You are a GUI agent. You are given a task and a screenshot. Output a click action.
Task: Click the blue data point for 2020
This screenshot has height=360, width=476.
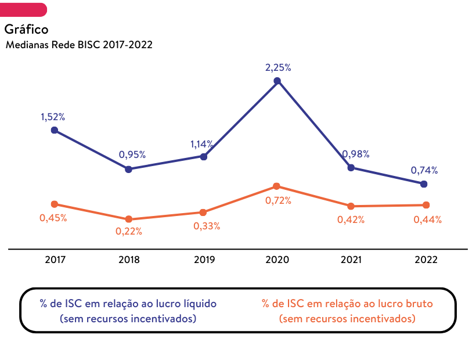point(277,81)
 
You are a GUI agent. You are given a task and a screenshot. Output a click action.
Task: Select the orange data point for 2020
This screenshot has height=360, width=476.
point(276,186)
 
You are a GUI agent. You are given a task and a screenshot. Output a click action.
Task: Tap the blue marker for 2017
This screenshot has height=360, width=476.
point(55,130)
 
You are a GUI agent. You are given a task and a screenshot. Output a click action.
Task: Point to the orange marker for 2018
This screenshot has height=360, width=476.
point(129,219)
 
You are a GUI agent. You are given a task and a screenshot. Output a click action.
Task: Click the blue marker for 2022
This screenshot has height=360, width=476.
point(424,184)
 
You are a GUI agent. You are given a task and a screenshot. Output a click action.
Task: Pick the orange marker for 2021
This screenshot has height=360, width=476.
point(351,206)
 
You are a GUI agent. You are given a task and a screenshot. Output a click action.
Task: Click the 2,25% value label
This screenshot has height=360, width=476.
point(278,67)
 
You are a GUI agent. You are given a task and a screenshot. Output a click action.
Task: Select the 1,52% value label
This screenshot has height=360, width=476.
point(53,117)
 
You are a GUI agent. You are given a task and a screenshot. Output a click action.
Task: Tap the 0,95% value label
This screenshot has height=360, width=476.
point(132,154)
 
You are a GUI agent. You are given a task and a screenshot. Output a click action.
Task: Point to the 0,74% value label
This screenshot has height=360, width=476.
point(424,170)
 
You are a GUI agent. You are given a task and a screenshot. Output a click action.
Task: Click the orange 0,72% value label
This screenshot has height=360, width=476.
point(278,200)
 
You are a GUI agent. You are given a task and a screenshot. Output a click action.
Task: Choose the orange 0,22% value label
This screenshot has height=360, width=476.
point(129,231)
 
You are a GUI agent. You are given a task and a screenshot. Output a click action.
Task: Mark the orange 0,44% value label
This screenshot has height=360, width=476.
point(427,219)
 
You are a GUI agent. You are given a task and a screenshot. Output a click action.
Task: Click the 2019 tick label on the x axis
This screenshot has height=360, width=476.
point(204,260)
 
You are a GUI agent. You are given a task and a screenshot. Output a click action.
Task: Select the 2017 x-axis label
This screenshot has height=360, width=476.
point(55,260)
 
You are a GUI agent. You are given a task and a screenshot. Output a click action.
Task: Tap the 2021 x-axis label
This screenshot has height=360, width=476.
point(351,260)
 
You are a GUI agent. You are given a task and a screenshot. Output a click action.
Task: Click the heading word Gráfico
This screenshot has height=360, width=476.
point(26,29)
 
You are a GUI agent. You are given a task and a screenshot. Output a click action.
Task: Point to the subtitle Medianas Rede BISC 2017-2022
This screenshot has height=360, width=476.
point(79,44)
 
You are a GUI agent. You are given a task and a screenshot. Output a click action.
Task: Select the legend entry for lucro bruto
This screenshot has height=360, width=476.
point(347,311)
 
